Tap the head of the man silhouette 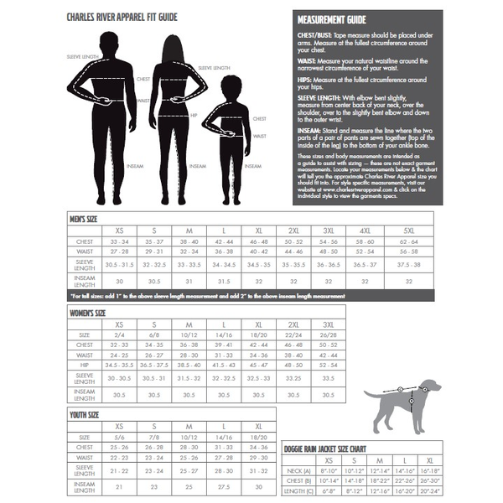109,42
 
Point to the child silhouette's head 231,86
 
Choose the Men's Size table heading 87,218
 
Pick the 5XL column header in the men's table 408,230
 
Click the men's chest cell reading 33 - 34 120,241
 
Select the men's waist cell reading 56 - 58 408,251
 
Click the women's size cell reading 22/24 294,334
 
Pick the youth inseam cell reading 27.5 224,486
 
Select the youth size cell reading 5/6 120,437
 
